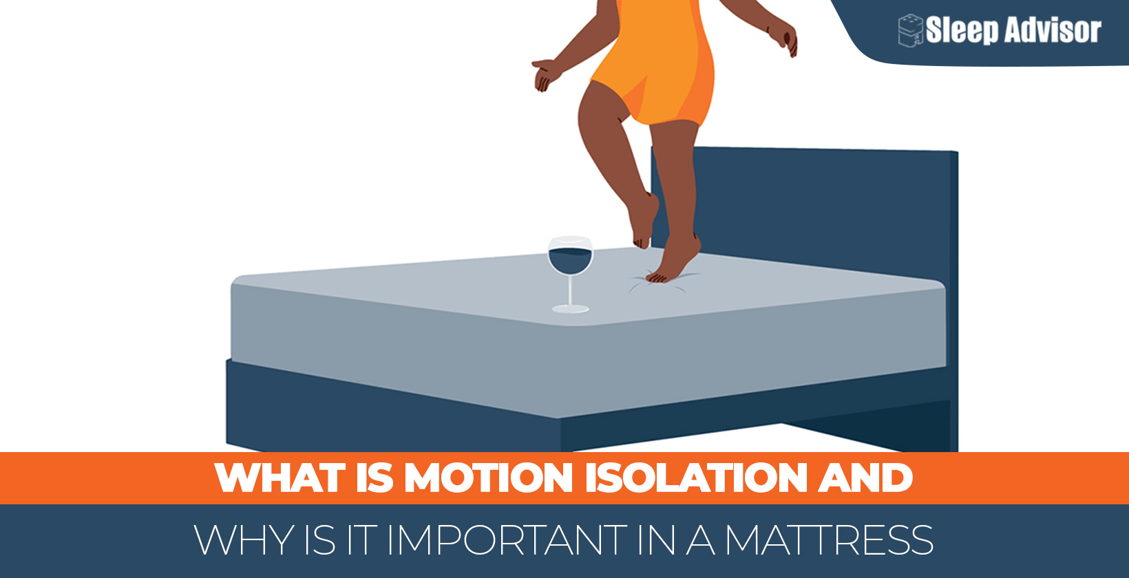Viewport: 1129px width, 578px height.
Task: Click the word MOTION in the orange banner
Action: click(488, 477)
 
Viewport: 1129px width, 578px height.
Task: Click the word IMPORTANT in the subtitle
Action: click(505, 540)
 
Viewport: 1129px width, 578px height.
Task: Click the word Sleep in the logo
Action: click(962, 30)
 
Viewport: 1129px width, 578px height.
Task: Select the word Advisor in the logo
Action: click(1053, 30)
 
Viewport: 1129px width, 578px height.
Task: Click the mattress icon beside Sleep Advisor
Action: click(910, 30)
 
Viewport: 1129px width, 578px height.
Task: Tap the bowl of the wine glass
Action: click(570, 256)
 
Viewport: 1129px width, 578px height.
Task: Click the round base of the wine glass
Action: click(570, 308)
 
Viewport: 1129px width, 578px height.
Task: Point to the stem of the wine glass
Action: click(570, 290)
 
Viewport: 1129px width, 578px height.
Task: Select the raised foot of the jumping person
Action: click(642, 222)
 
